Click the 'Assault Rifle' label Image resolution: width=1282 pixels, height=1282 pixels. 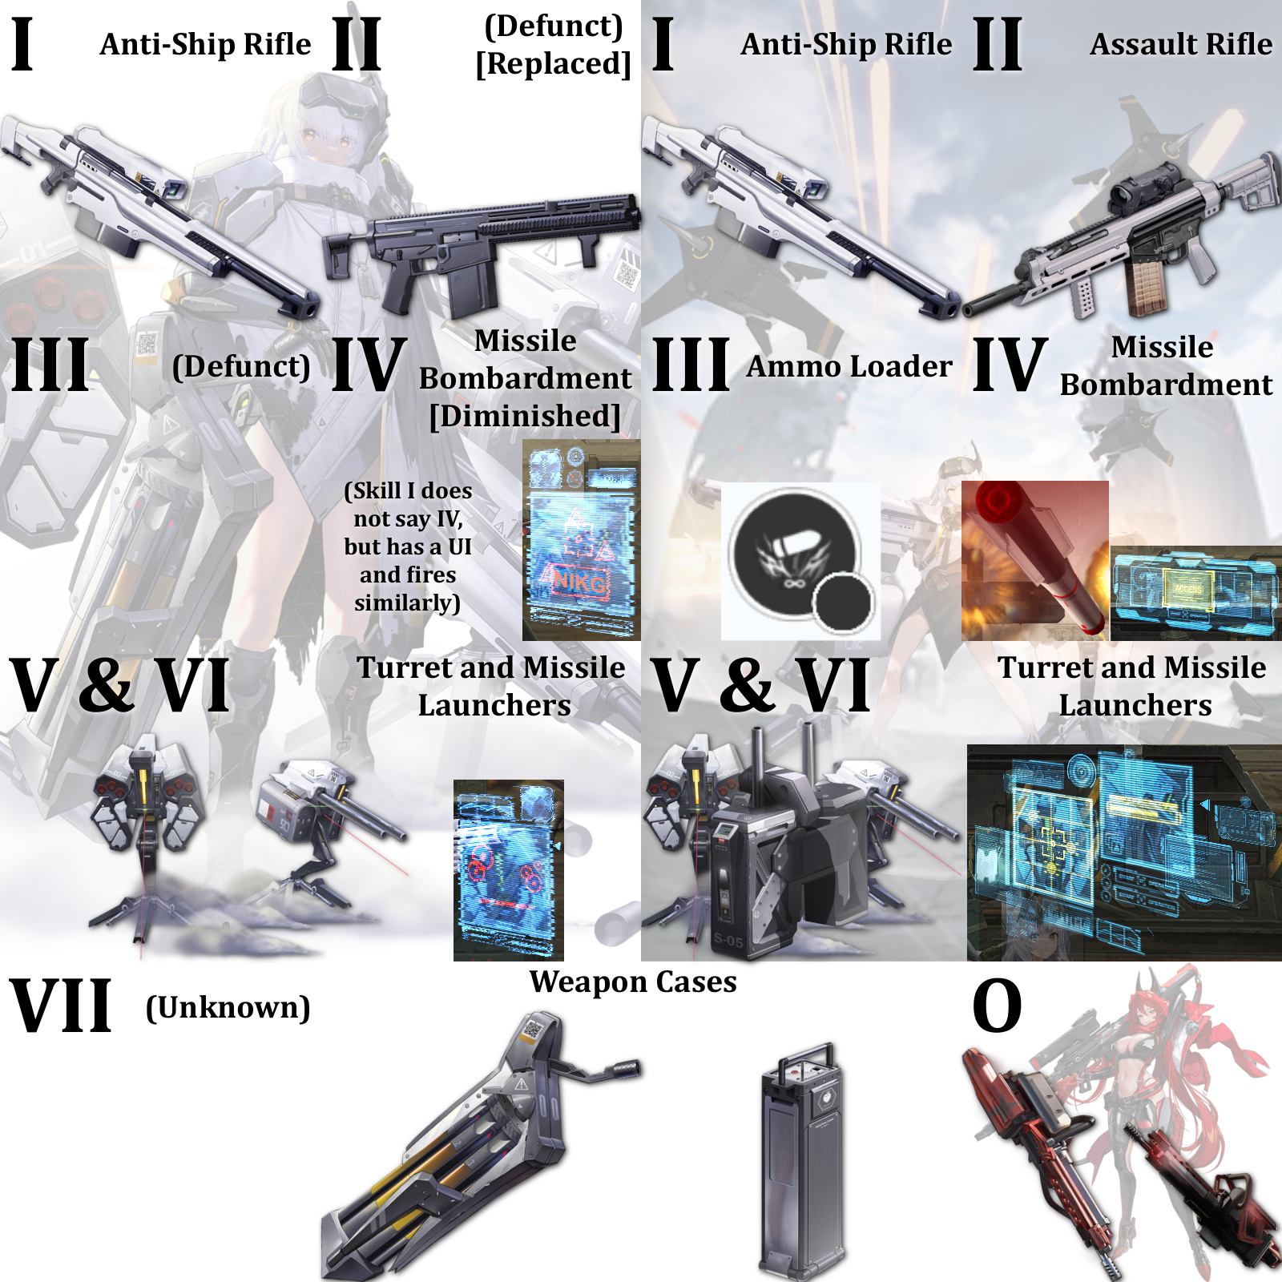click(x=1180, y=44)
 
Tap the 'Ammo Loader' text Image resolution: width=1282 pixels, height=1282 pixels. click(x=849, y=366)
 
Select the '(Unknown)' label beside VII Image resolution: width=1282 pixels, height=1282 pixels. click(x=228, y=1007)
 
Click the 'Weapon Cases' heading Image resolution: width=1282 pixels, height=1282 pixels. click(x=633, y=982)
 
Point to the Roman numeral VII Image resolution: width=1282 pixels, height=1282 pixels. click(x=61, y=1006)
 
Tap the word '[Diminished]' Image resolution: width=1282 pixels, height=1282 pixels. click(x=525, y=416)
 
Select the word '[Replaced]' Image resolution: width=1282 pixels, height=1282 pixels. click(x=553, y=63)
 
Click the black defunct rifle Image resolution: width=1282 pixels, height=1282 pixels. click(x=481, y=248)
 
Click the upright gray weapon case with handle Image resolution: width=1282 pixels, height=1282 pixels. click(x=801, y=1162)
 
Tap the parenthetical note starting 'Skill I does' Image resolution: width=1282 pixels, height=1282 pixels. click(x=408, y=546)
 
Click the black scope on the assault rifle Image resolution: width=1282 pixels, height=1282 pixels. click(x=1142, y=184)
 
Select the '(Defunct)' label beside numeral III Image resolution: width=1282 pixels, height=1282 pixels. click(x=241, y=366)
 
